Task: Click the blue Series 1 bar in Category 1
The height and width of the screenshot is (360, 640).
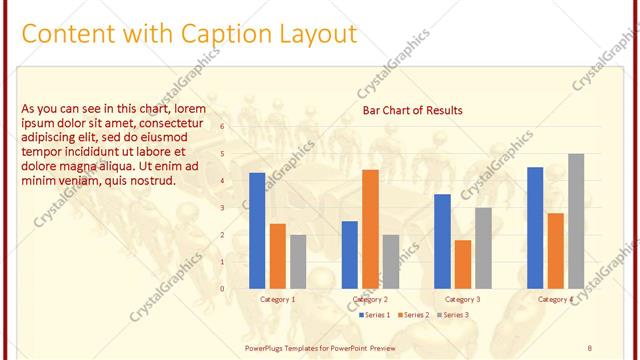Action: pos(257,230)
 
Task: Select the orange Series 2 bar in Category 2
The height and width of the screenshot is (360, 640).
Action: pos(370,228)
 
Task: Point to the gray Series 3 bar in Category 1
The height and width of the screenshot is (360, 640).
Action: pos(298,261)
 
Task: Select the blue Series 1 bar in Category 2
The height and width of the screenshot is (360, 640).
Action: pos(350,254)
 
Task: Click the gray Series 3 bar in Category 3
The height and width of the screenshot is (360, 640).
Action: pos(483,247)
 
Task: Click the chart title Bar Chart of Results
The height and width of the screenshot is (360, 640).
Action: pos(412,110)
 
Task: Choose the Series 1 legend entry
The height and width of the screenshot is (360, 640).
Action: pos(376,315)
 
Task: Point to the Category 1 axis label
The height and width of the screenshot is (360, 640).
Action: pos(277,299)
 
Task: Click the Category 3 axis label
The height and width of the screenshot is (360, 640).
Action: pos(462,299)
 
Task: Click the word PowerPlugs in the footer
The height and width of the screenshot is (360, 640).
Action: pos(269,347)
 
